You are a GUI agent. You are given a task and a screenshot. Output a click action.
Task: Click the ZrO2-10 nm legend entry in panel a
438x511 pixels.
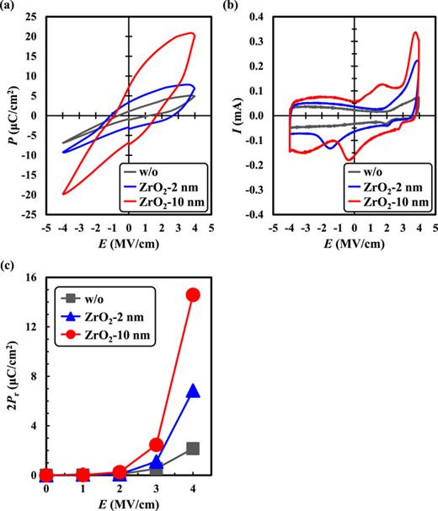[164, 203]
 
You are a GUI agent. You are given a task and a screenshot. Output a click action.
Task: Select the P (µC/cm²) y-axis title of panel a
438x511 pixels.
[8, 116]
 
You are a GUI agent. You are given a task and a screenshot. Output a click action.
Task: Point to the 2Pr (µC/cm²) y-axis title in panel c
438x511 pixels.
[10, 376]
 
